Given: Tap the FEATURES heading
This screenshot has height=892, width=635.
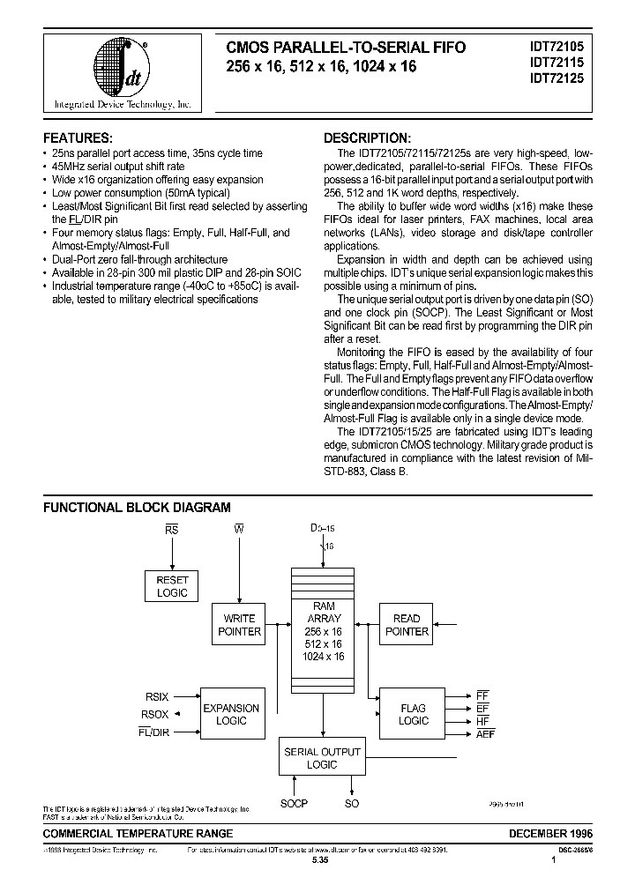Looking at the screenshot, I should [x=78, y=138].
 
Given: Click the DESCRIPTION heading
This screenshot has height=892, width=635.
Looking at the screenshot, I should [x=366, y=138].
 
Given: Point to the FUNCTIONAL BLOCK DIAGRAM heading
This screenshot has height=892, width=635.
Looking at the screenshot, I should [x=137, y=508].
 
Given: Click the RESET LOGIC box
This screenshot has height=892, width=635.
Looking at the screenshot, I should [x=172, y=587].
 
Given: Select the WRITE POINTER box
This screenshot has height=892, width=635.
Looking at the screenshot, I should [x=239, y=625].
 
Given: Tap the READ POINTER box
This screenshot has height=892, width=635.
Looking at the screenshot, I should [x=407, y=625].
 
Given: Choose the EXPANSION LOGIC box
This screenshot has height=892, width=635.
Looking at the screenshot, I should [x=231, y=714].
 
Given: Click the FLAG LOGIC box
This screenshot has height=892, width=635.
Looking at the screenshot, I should [x=413, y=714].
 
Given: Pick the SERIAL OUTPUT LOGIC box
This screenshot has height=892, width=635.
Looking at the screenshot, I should [x=322, y=758].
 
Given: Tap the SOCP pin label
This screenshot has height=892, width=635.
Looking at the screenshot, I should [x=294, y=805].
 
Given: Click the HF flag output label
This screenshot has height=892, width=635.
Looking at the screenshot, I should [x=482, y=720].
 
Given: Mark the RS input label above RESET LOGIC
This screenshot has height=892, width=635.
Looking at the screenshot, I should [x=172, y=530].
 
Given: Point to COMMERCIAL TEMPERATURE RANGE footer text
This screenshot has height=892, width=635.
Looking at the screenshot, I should [x=138, y=833].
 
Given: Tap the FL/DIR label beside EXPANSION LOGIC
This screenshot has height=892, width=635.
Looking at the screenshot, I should [x=154, y=732].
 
